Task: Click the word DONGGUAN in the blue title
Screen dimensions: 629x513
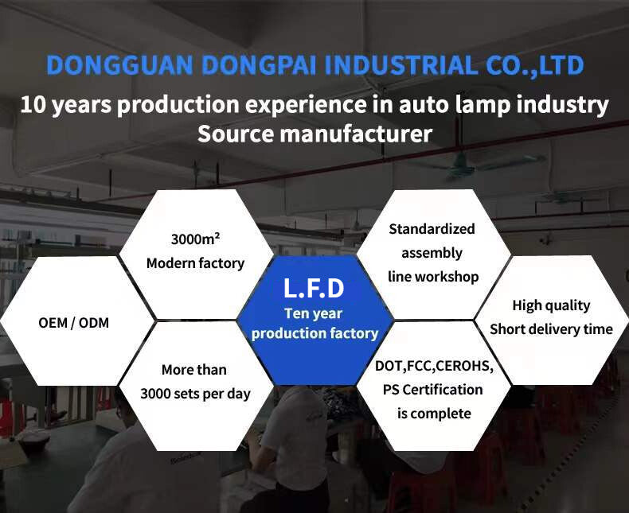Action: (119, 65)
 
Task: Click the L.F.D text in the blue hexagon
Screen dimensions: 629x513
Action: (314, 288)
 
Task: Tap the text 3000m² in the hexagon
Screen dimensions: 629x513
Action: (195, 239)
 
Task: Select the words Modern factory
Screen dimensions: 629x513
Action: (195, 263)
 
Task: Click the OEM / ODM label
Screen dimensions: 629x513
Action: (74, 323)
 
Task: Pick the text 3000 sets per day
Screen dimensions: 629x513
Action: (195, 394)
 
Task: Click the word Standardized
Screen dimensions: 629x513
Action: (432, 229)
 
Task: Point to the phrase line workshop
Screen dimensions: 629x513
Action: (433, 277)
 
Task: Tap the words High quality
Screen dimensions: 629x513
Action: (551, 305)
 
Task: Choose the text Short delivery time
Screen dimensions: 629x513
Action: (551, 329)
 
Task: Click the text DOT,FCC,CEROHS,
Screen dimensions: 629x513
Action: (434, 366)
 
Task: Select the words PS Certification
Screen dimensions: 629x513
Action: (433, 390)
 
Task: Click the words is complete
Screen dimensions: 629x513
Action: (434, 414)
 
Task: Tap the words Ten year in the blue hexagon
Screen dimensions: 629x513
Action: (313, 313)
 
